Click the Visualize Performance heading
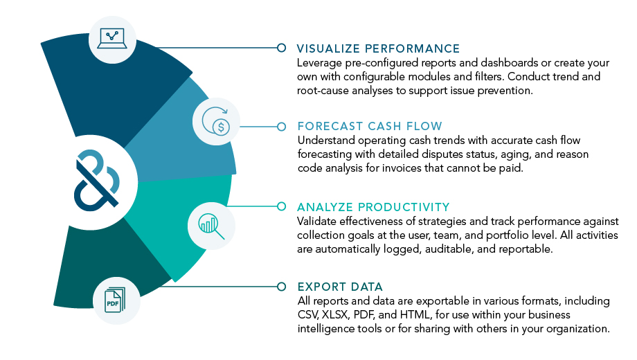[378, 48]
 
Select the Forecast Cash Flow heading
[370, 127]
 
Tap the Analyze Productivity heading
[373, 207]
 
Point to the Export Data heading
[340, 287]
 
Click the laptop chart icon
[112, 39]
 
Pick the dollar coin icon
[216, 121]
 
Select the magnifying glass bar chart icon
[211, 226]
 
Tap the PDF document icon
[115, 300]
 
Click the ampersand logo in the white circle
[97, 181]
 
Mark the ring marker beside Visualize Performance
[281, 48]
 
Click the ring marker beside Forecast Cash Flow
[281, 127]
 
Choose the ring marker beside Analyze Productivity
[281, 206]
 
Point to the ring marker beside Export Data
[281, 287]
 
